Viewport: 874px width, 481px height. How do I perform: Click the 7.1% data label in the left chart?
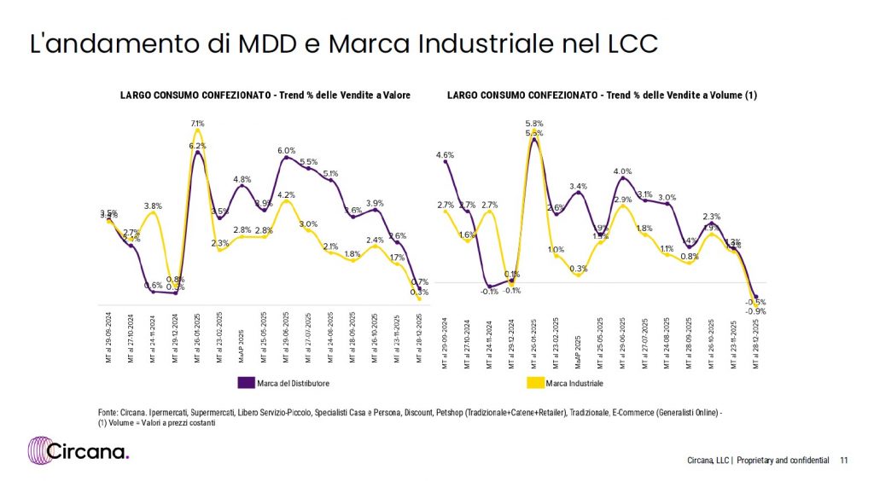[x=198, y=124]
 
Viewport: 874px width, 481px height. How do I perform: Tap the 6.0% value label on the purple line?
[x=286, y=151]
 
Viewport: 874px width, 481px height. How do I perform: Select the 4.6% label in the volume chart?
[x=444, y=155]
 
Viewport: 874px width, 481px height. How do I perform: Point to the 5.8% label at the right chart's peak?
[x=534, y=124]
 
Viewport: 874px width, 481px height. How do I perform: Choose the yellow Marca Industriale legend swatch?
[x=536, y=382]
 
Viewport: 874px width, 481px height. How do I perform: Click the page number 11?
[x=843, y=461]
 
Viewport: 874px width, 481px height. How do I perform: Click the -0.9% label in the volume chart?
[x=756, y=311]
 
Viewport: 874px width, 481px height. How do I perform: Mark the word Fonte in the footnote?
[x=108, y=413]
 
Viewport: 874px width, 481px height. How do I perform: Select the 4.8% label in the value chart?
[x=242, y=179]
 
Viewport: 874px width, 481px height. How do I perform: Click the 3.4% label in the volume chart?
[x=578, y=186]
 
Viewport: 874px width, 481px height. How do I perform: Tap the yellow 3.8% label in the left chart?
[x=154, y=206]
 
